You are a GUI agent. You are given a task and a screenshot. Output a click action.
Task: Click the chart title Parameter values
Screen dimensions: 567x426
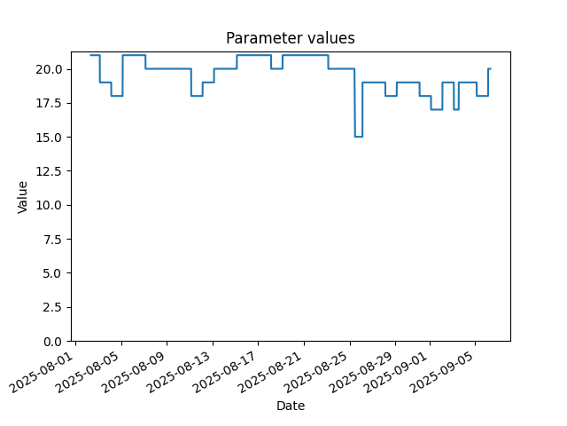click(291, 38)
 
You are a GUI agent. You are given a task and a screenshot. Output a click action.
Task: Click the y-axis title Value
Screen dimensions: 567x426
click(22, 197)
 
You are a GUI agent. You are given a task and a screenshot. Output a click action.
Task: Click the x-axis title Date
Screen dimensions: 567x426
click(291, 406)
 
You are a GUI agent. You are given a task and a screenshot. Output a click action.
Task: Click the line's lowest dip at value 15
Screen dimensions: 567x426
click(358, 137)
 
